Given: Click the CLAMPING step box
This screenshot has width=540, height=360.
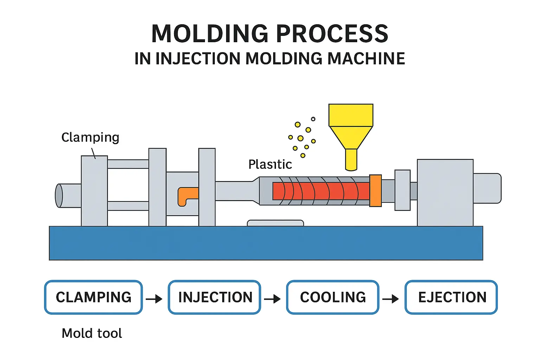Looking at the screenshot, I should [x=94, y=297].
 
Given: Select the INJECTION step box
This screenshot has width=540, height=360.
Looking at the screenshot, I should [x=214, y=297].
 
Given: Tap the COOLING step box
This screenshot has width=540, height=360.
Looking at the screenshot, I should [x=333, y=297].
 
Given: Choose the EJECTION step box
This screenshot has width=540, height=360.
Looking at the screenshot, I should [x=451, y=297].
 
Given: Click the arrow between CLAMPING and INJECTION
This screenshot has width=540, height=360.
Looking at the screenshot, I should [x=154, y=299].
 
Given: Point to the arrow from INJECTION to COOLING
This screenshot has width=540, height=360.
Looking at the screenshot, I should [x=272, y=299].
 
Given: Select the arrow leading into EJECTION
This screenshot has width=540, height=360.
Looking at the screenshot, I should [x=391, y=299].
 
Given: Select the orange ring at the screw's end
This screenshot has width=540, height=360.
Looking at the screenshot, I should [x=375, y=191].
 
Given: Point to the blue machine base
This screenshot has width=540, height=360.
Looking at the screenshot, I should [x=266, y=243].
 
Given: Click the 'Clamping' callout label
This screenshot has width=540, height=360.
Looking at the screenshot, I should [x=90, y=137].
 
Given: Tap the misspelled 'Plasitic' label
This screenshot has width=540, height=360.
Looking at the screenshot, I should [x=270, y=164].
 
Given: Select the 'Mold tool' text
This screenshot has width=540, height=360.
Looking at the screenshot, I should [x=92, y=333].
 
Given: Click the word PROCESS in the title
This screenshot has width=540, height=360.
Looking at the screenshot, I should [x=332, y=34].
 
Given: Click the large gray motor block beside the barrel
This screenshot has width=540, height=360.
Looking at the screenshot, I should [x=445, y=192].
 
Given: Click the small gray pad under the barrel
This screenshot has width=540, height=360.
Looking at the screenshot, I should [x=275, y=223].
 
